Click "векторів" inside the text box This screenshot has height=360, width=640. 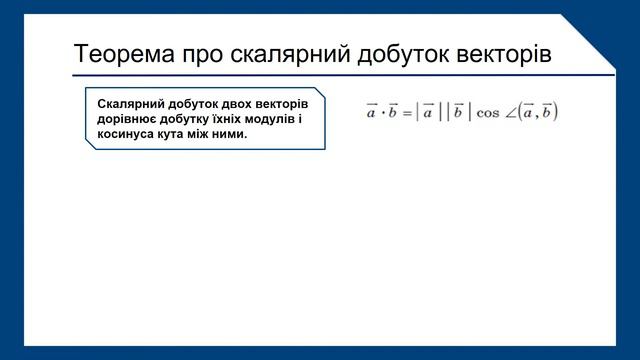pos(279,105)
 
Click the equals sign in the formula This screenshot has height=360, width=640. pos(408,113)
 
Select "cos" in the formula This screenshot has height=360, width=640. pos(488,113)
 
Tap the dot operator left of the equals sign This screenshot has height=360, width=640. pos(382,113)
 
